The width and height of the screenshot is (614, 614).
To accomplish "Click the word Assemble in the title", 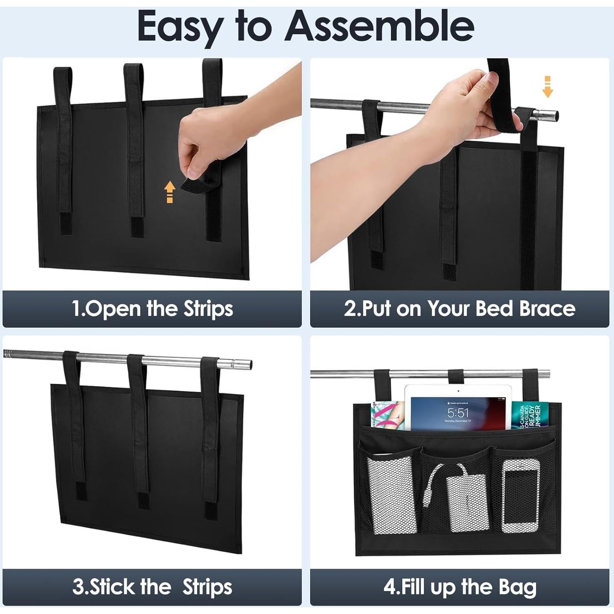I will click(379, 26).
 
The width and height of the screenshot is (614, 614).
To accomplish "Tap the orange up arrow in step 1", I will click(169, 192).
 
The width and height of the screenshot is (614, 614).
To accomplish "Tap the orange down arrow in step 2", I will click(548, 87).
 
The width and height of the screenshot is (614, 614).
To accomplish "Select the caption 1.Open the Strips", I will click(152, 309).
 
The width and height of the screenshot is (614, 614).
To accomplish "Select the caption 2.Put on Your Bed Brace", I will click(459, 309).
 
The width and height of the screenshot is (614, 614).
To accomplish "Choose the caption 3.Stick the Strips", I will click(152, 587).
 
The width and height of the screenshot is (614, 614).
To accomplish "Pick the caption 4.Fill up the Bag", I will click(459, 587).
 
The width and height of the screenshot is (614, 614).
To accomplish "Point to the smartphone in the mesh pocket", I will click(520, 496).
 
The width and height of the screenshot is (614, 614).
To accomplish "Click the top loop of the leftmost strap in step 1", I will click(62, 79).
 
